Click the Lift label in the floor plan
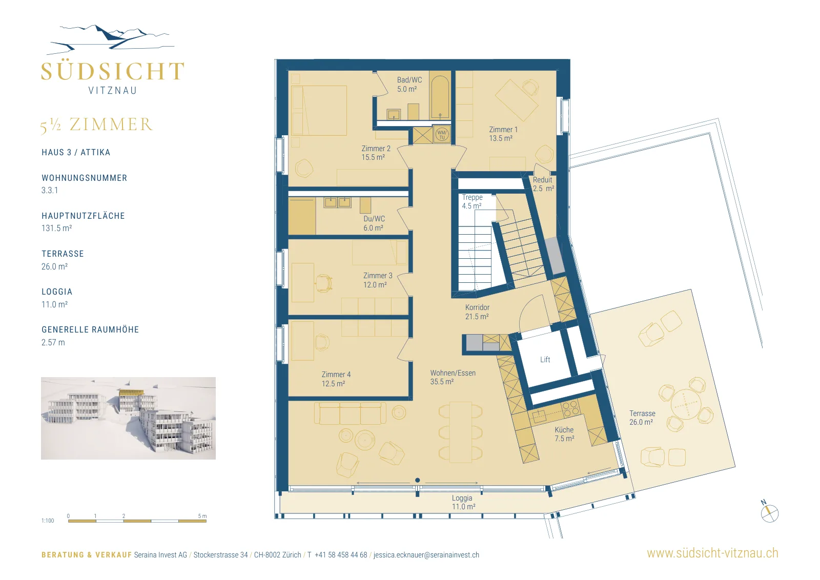[x=545, y=359]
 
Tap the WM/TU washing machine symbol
[x=442, y=135]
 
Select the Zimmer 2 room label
[x=376, y=153]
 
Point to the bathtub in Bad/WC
[x=440, y=97]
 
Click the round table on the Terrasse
[x=686, y=404]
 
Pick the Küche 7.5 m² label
[x=564, y=434]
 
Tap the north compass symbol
[x=769, y=512]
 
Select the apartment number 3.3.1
[x=50, y=190]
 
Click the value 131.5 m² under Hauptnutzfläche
[x=56, y=228]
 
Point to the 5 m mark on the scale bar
[x=202, y=516]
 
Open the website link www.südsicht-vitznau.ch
[x=712, y=553]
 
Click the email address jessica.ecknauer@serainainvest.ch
[x=426, y=555]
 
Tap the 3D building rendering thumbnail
[x=128, y=418]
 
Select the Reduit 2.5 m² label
[x=543, y=184]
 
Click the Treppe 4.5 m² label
[x=472, y=201]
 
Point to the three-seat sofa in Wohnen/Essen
[x=350, y=413]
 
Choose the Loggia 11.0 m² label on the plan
[x=463, y=502]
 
